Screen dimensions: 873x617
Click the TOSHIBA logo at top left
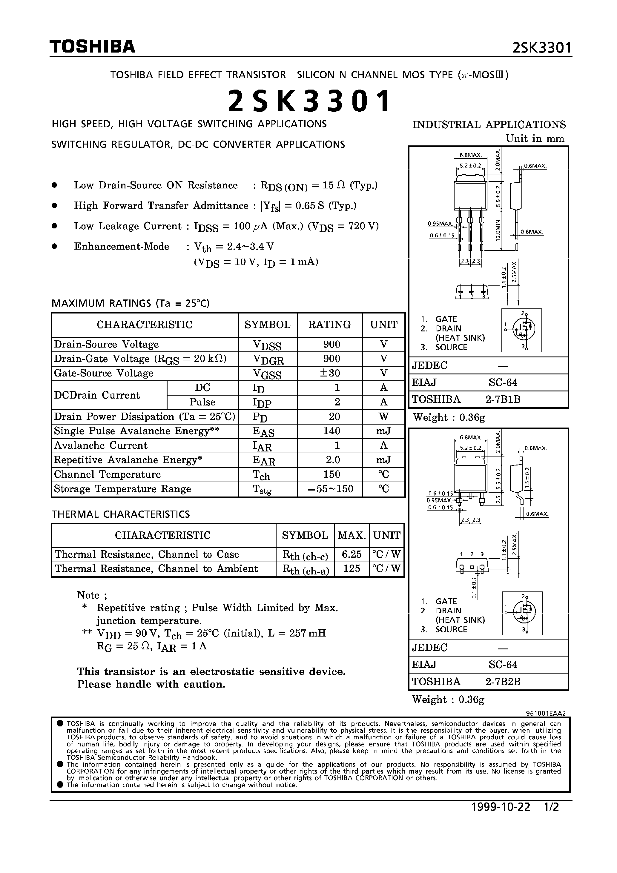[x=93, y=46]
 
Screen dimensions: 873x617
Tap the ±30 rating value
[x=330, y=373]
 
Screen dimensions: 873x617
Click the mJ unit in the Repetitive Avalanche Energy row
[x=383, y=460]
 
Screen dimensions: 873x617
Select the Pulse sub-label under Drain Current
[x=202, y=402]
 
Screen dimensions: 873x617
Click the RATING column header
[x=329, y=325]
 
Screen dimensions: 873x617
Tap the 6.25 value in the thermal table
[x=352, y=554]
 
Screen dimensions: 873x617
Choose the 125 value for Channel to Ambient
[x=352, y=568]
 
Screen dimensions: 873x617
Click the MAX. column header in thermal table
[x=352, y=535]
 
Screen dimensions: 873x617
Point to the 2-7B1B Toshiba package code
[x=503, y=399]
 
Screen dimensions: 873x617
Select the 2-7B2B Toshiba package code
[x=503, y=681]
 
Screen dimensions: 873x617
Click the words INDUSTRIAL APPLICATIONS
[x=489, y=125]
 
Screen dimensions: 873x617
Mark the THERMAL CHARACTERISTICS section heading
[x=121, y=514]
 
